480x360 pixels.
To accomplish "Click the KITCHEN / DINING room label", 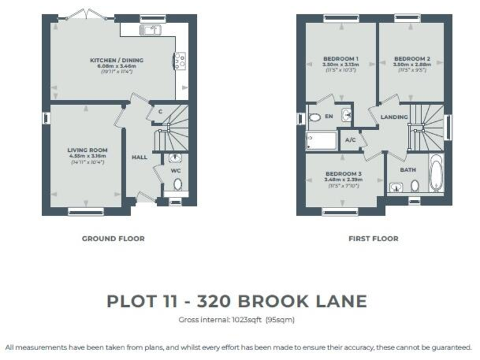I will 117,60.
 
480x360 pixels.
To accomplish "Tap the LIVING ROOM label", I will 87,150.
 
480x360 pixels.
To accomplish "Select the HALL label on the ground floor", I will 139,157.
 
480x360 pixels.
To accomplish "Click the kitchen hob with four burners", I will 179,60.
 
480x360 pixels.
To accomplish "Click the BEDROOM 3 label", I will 343,174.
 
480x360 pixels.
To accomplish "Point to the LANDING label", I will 394,117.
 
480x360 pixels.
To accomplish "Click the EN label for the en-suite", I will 329,117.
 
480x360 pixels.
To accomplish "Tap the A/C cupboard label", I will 350,140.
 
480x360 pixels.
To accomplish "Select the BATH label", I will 407,169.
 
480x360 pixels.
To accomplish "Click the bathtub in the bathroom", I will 435,172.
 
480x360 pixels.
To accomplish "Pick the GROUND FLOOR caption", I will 113,238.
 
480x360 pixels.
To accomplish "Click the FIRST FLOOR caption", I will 373,238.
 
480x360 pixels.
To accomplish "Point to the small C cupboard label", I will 161,112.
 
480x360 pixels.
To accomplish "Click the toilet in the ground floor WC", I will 177,184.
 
